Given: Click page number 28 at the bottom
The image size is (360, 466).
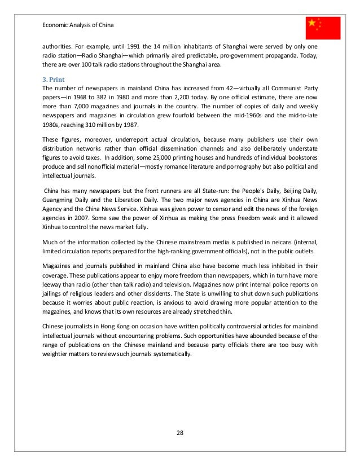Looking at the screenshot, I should click(181, 434).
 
